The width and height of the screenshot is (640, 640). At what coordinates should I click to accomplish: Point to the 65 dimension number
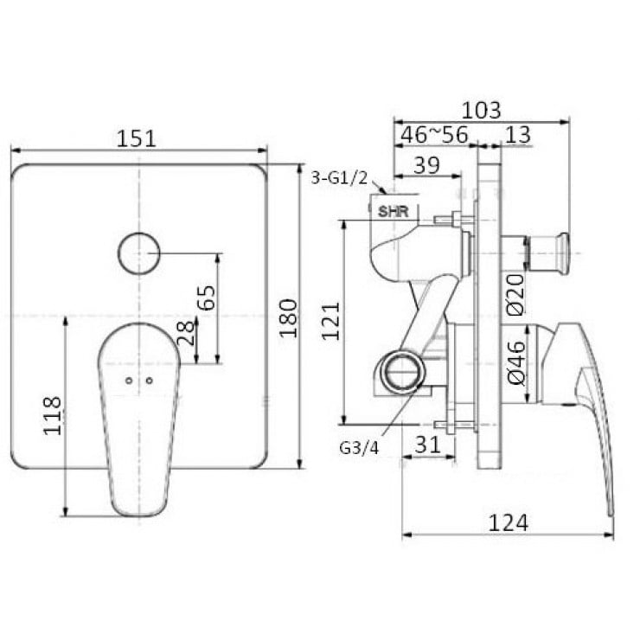206,298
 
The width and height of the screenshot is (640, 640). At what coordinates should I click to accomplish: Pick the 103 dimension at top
481,110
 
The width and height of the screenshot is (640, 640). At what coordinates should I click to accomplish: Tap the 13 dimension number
519,136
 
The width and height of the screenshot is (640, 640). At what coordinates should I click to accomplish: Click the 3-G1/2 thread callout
339,178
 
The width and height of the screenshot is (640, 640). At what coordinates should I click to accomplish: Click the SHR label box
394,209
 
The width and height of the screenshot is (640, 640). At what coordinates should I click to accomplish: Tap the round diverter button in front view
139,253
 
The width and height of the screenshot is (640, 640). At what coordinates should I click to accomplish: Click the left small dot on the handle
129,381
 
